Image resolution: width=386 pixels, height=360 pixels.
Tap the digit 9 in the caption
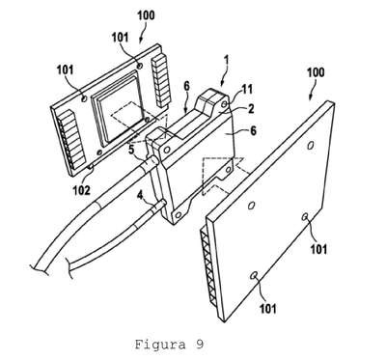click(199, 345)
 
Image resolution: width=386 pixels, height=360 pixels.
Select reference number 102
click(81, 190)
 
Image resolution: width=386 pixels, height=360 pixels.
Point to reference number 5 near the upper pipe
click(132, 150)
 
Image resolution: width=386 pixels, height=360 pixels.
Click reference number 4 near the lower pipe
click(140, 195)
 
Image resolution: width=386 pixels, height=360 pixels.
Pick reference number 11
click(247, 90)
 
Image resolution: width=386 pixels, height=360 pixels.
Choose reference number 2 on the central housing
click(251, 108)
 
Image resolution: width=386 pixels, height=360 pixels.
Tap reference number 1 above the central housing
click(227, 61)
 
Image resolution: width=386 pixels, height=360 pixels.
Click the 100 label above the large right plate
click(316, 72)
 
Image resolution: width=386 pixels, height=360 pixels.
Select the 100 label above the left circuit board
click(146, 15)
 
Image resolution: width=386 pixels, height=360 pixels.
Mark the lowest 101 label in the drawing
click(267, 309)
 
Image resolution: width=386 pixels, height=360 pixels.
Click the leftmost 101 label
click(65, 69)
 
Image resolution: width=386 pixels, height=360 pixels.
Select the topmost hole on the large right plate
click(311, 146)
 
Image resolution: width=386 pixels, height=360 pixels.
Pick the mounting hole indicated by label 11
click(225, 104)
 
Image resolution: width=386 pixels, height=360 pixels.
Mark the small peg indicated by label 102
click(92, 166)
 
